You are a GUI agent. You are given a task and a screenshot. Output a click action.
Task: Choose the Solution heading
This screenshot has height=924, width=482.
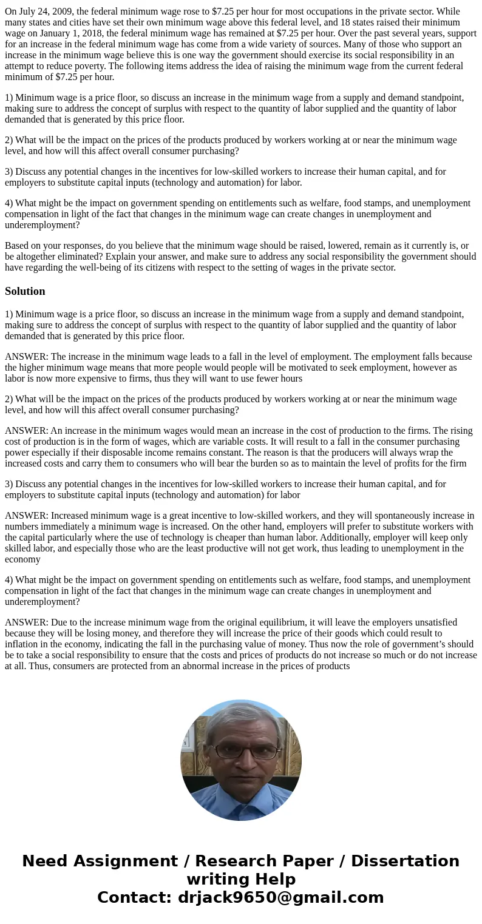pos(25,291)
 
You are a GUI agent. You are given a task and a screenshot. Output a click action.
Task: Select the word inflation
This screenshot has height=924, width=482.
pos(24,644)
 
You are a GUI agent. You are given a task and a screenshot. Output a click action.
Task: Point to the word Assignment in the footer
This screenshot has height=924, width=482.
pos(127,862)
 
